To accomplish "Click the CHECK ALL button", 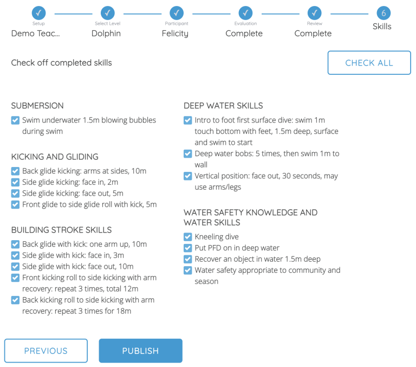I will click(369, 63).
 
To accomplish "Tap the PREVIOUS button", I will click(46, 351).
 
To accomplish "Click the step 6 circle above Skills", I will click(383, 13).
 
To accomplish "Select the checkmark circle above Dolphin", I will click(108, 13).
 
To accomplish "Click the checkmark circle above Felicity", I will click(177, 13).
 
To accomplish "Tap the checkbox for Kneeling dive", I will click(188, 237).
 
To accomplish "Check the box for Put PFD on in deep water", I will click(188, 248).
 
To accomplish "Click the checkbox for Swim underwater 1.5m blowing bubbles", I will click(15, 120).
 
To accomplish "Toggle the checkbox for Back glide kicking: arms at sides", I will click(15, 171).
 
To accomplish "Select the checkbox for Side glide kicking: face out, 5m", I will click(15, 194).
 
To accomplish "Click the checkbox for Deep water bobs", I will click(188, 154).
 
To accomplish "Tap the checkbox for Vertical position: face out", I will click(188, 176).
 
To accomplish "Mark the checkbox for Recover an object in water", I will click(188, 259).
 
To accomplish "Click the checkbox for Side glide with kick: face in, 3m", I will click(15, 255).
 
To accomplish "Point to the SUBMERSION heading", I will click(37, 106).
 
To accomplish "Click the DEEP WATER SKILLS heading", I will click(223, 106).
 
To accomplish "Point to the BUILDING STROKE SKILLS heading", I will click(61, 230).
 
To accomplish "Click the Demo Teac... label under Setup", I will click(36, 34).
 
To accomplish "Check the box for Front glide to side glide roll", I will click(15, 205).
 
